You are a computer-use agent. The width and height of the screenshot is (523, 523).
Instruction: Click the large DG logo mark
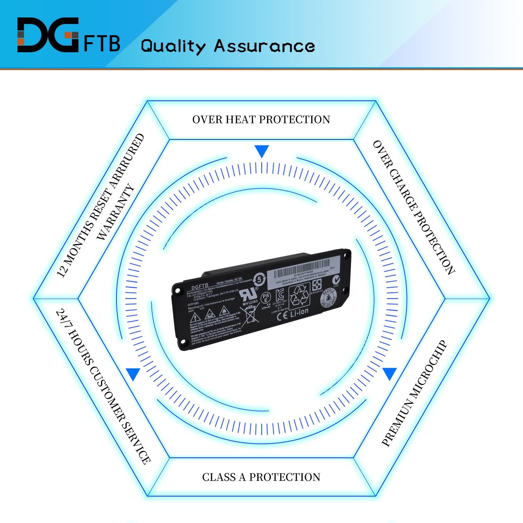click(x=48, y=35)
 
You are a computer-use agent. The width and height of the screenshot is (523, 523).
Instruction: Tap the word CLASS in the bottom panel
click(x=219, y=477)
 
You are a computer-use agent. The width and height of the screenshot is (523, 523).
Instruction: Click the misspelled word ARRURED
click(x=126, y=162)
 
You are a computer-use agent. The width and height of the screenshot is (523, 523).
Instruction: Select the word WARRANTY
click(x=115, y=212)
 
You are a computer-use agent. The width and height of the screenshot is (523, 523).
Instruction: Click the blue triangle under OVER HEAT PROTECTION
click(x=261, y=151)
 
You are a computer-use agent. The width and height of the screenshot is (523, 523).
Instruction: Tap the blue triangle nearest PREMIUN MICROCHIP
click(x=390, y=373)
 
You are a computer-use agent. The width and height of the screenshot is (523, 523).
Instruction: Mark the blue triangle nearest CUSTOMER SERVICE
click(x=133, y=374)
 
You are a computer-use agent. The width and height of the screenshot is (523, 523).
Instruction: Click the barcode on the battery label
click(x=301, y=266)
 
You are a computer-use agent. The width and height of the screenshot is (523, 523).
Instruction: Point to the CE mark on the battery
click(x=282, y=316)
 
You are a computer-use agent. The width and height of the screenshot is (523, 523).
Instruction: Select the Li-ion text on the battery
click(x=299, y=312)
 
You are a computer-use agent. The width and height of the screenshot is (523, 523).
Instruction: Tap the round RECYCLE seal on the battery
click(x=329, y=298)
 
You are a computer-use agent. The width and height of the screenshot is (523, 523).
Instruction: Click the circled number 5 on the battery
click(x=259, y=279)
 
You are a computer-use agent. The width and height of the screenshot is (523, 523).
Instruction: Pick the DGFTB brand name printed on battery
click(x=199, y=287)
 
